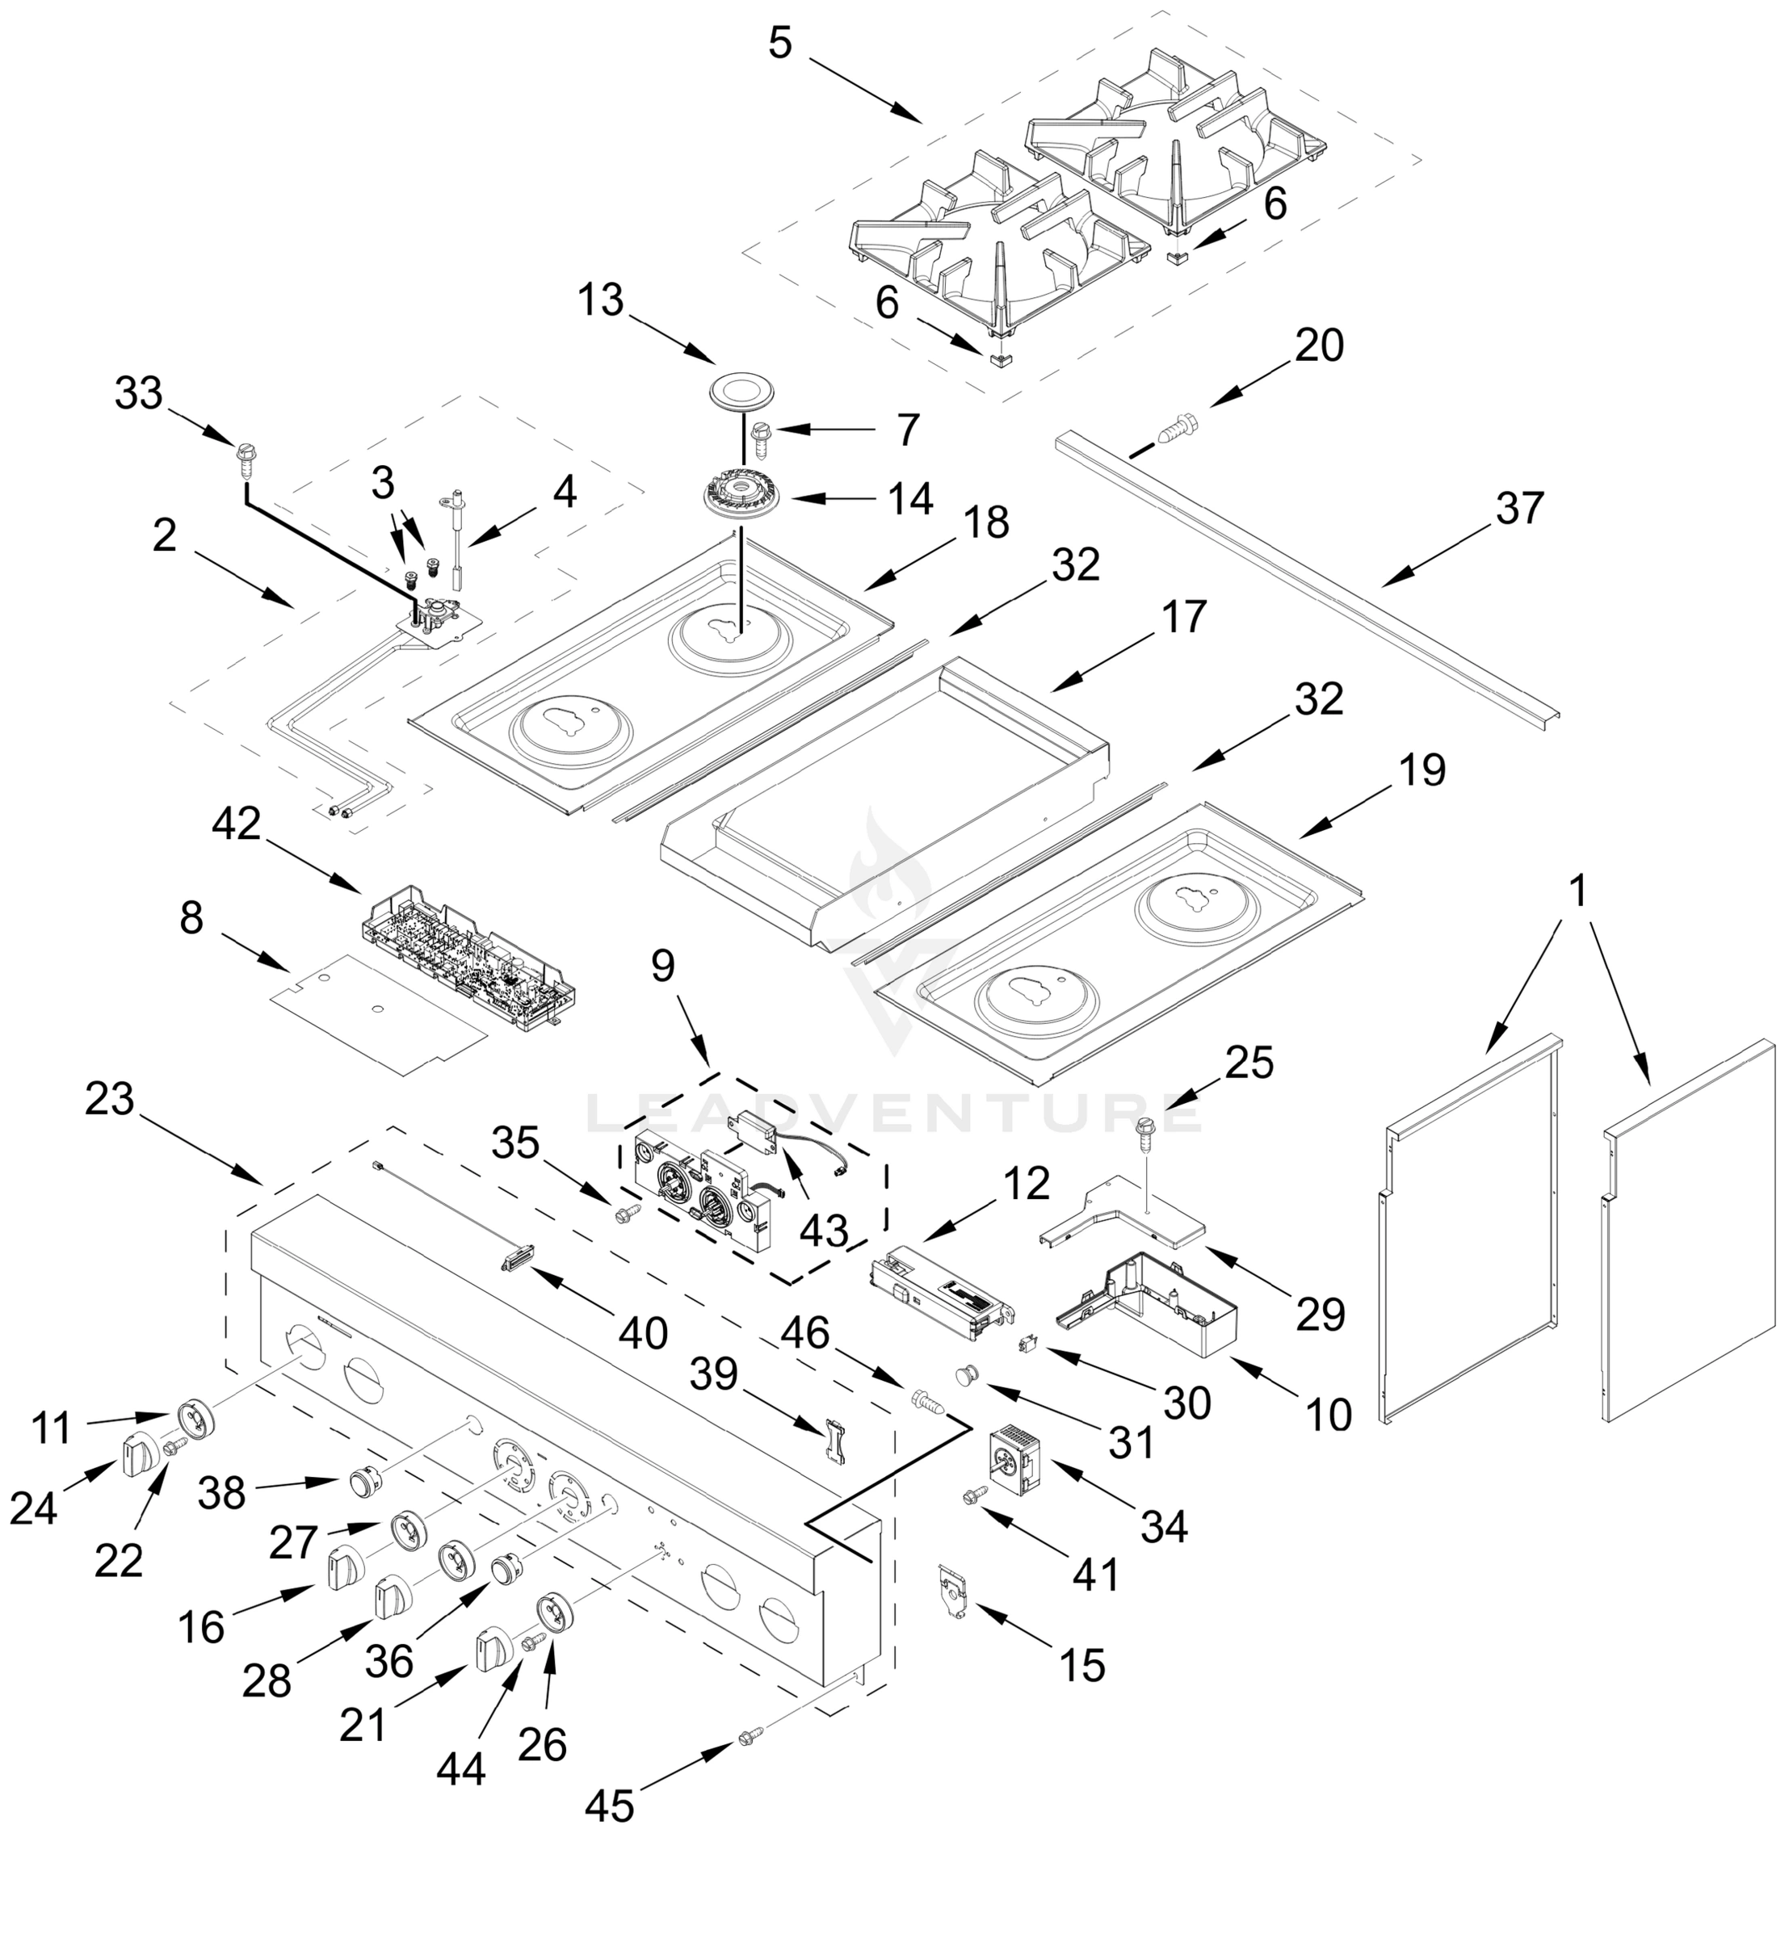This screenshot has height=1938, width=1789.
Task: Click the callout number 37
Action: click(1519, 508)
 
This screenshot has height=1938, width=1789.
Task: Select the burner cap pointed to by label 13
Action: click(737, 392)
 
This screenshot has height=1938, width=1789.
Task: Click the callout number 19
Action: click(1422, 770)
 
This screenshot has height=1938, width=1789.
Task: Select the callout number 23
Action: click(109, 1099)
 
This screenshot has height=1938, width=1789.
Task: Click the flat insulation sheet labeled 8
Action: click(377, 1012)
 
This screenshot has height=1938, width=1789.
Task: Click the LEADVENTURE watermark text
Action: click(895, 1114)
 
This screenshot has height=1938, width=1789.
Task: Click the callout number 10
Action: click(1328, 1414)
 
